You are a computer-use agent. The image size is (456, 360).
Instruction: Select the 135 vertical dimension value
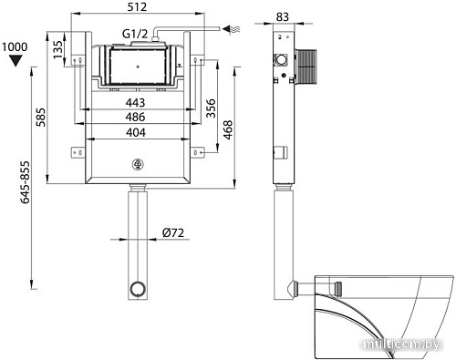tap(58, 46)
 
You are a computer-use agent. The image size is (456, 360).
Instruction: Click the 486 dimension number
tap(138, 117)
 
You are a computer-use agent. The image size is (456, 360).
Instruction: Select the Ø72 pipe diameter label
tap(174, 233)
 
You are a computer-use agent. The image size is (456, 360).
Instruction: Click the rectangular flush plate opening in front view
tap(137, 67)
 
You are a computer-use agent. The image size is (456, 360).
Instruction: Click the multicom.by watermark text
tap(400, 343)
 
